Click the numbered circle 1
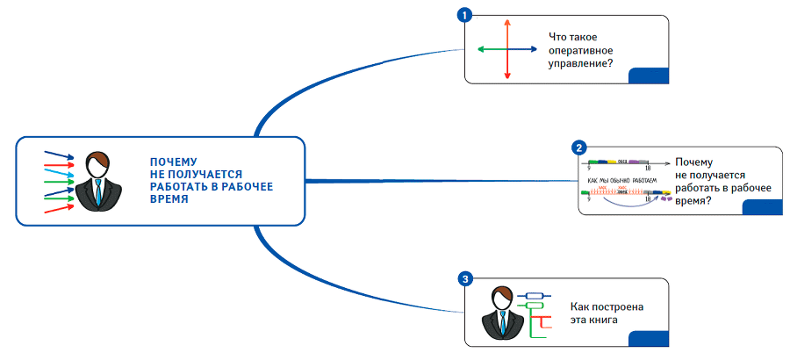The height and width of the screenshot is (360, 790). [465, 15]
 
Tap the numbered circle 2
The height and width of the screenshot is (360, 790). [578, 148]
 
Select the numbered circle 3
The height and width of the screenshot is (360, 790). [465, 279]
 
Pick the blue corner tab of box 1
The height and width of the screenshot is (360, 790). [649, 76]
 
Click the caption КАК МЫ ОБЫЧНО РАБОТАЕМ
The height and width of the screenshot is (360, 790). [621, 179]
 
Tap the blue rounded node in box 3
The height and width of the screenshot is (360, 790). [533, 296]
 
